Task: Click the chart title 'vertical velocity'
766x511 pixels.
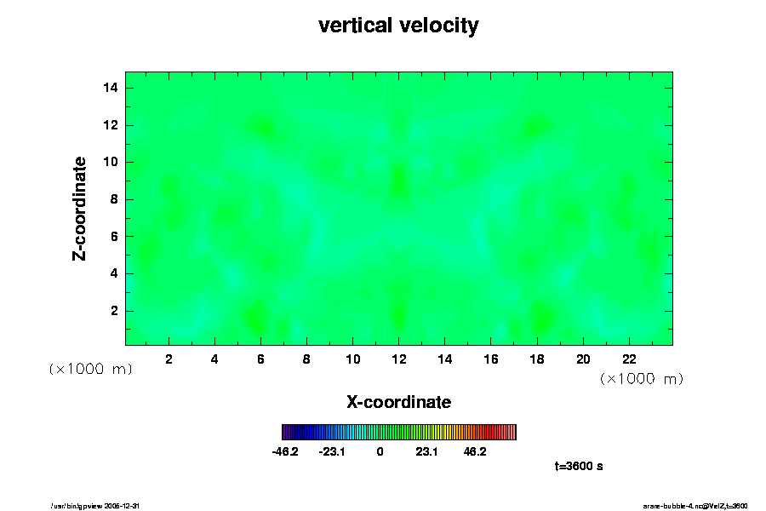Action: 398,26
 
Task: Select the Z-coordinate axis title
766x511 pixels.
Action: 80,208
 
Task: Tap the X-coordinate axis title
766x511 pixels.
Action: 398,401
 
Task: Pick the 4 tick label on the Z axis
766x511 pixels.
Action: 115,273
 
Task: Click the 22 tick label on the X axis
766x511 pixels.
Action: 629,359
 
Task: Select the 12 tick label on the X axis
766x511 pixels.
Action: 398,359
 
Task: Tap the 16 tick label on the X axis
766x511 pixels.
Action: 490,359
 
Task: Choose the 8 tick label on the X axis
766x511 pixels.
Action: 306,359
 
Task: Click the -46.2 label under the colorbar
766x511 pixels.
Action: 284,451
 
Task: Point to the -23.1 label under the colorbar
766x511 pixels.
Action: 332,451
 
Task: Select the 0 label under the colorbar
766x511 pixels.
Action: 380,451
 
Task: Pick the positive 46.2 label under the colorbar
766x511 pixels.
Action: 475,451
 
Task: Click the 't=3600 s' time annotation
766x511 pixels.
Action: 579,466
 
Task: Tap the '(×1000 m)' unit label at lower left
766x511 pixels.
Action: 90,369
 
